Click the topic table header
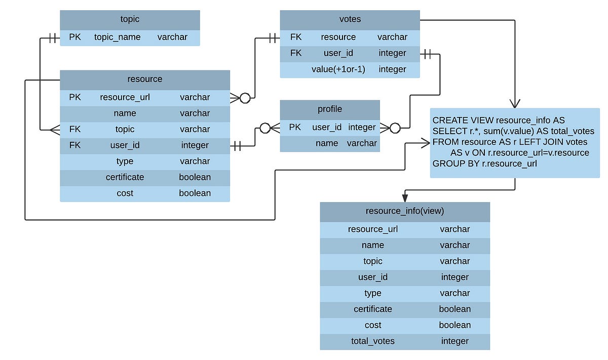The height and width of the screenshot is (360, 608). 130,19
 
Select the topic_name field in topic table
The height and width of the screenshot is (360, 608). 117,37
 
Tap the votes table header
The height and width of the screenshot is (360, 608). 350,19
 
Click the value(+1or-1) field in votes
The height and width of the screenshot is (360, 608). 338,69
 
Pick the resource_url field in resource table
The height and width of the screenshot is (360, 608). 125,97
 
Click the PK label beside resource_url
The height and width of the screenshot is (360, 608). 74,97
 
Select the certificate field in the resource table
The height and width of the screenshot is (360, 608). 125,177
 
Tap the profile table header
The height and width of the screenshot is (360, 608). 329,109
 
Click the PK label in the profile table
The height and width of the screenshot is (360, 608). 295,127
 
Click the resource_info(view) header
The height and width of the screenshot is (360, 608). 404,211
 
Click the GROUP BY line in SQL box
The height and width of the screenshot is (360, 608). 484,164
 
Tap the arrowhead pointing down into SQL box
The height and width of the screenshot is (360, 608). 515,103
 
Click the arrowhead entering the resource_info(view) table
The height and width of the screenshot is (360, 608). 404,197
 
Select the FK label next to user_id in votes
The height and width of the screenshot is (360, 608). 296,53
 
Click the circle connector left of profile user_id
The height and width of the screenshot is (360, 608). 264,128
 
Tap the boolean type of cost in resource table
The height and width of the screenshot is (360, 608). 195,193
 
